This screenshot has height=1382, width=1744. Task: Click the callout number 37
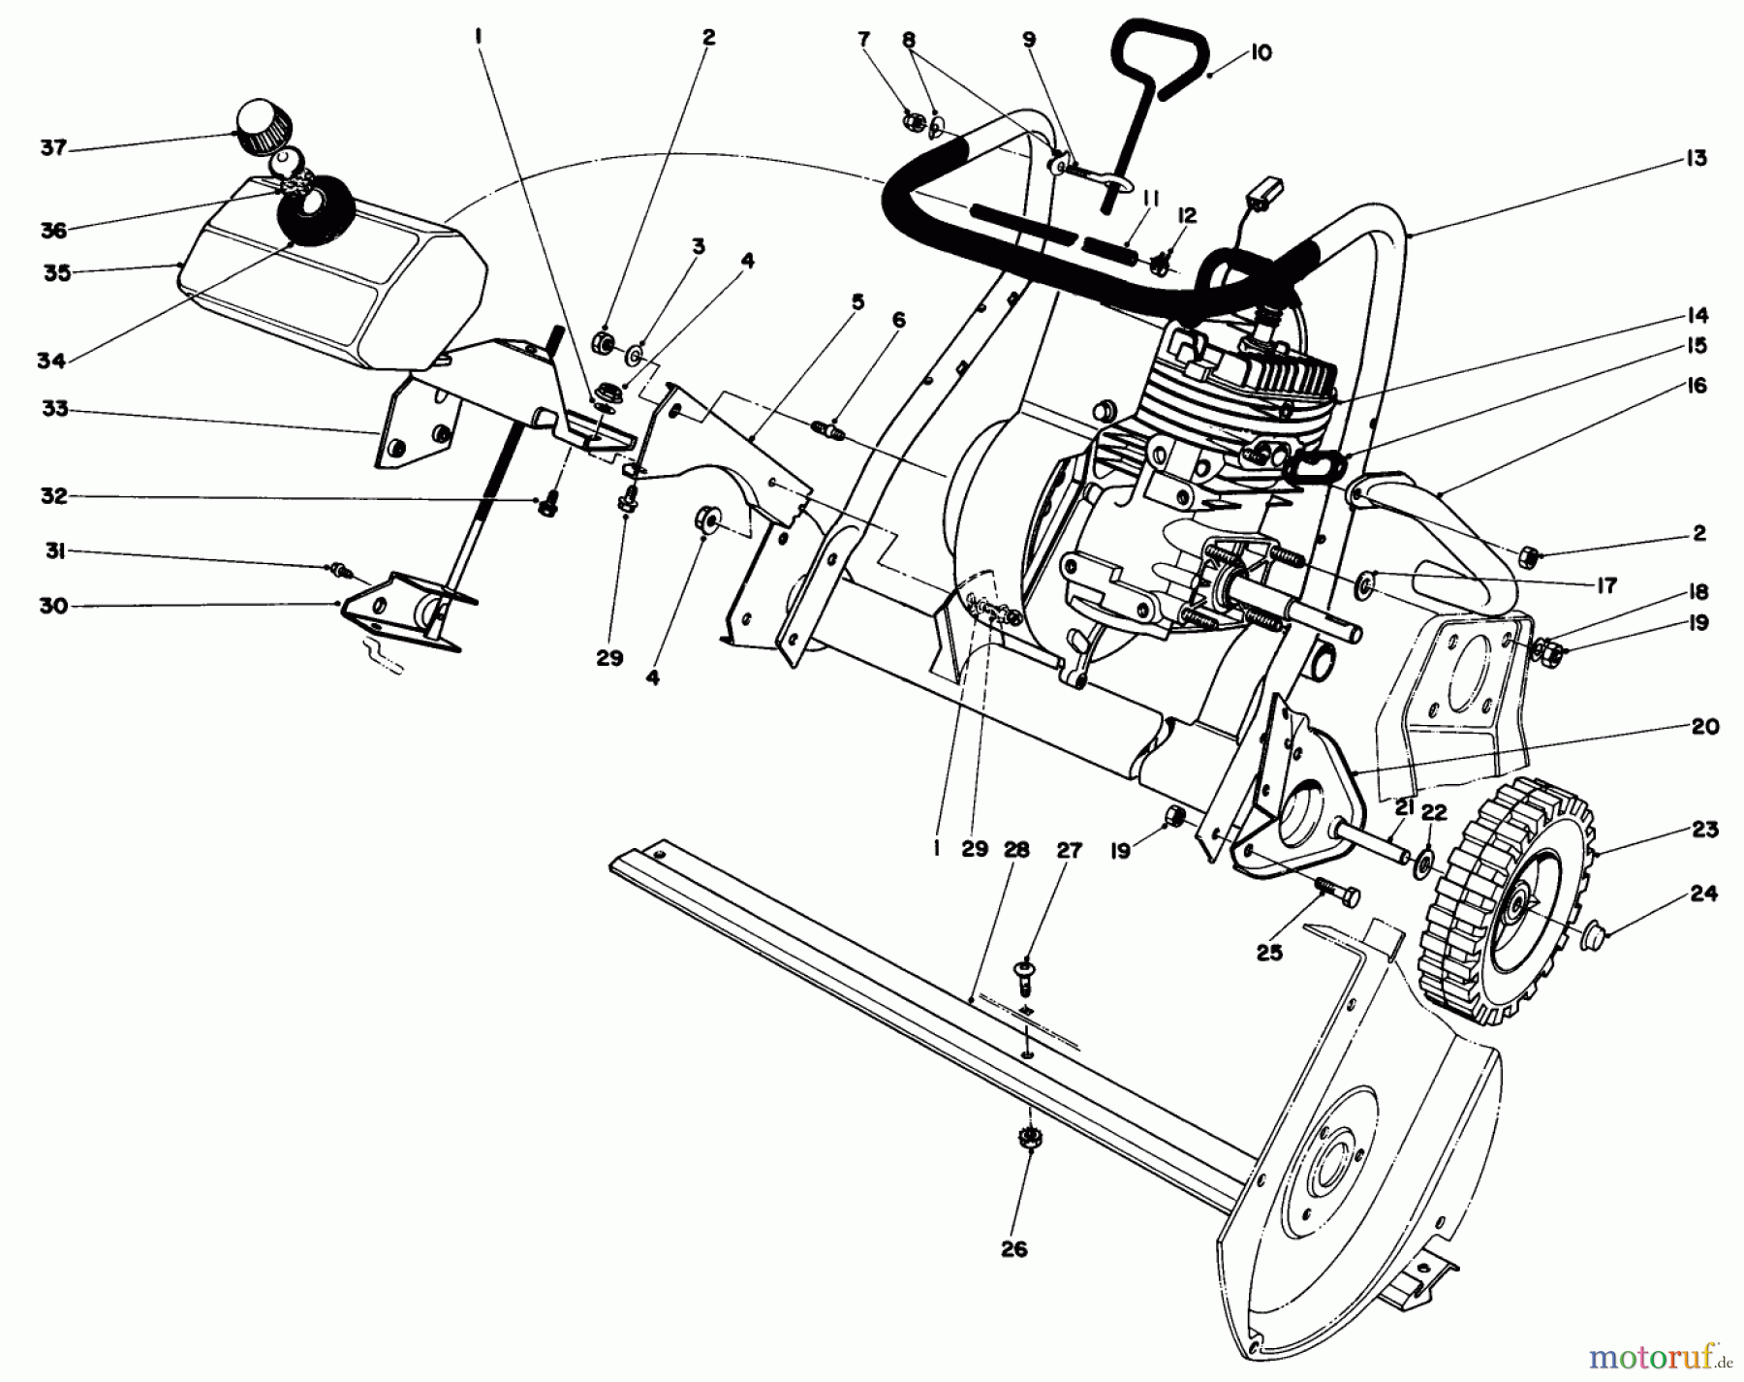pos(52,147)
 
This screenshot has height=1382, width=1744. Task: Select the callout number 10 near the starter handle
pos(1259,52)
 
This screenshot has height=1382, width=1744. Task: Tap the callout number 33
pos(54,409)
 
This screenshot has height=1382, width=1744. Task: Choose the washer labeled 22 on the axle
pos(1423,860)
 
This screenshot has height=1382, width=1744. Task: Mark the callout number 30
pos(53,606)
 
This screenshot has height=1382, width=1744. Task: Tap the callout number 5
pos(857,301)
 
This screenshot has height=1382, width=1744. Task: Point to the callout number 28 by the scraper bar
pos(1014,850)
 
